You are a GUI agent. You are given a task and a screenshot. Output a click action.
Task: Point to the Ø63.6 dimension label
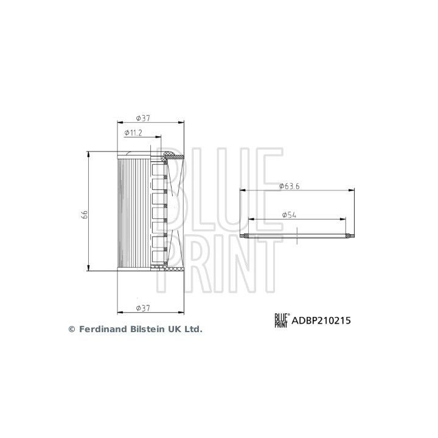pos(289,186)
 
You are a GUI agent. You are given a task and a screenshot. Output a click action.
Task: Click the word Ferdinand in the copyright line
pos(103,328)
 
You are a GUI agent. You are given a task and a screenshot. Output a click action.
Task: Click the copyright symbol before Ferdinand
pos(71,329)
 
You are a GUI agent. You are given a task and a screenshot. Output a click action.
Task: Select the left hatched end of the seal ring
pos(245,235)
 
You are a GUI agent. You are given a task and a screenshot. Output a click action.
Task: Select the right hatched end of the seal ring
pos(349,235)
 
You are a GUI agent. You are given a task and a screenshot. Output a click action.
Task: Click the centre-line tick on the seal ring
pos(296,235)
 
